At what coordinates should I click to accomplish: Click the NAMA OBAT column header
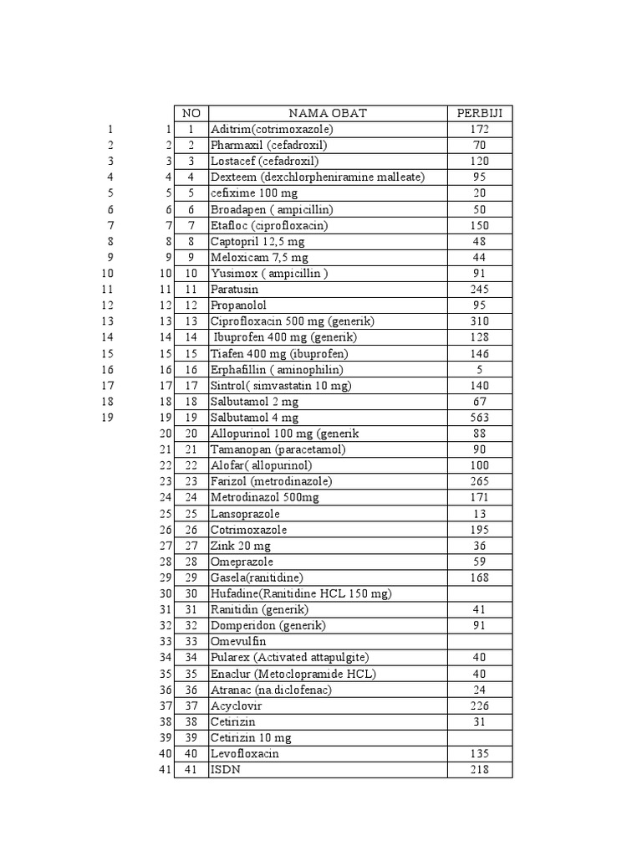[x=328, y=114]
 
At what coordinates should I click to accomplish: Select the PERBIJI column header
[x=479, y=114]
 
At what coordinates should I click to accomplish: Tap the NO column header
[x=191, y=114]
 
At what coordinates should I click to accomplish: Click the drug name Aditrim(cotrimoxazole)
[x=272, y=130]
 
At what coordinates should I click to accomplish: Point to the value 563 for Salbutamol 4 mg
[x=479, y=418]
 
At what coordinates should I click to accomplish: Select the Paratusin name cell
[x=235, y=290]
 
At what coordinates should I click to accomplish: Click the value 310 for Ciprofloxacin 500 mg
[x=479, y=321]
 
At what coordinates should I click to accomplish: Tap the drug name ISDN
[x=226, y=770]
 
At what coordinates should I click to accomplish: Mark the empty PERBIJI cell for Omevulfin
[x=479, y=642]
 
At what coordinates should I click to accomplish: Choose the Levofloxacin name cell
[x=245, y=754]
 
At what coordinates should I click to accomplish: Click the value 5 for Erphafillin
[x=479, y=369]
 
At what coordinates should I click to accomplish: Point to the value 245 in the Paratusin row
[x=479, y=290]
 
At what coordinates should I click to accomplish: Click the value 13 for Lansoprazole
[x=479, y=514]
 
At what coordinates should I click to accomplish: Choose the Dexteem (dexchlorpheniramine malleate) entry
[x=318, y=177]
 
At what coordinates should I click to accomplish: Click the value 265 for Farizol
[x=479, y=481]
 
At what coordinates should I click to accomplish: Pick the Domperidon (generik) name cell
[x=268, y=626]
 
